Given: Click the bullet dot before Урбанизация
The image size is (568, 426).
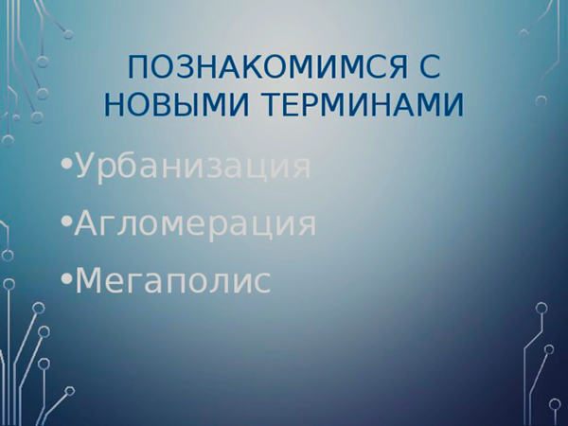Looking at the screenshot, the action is pyautogui.click(x=66, y=165).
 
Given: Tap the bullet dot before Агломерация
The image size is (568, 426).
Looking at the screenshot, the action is pyautogui.click(x=66, y=222).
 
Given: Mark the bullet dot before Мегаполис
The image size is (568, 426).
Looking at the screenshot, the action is pyautogui.click(x=66, y=277).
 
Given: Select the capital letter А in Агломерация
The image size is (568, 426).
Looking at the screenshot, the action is pyautogui.click(x=87, y=222).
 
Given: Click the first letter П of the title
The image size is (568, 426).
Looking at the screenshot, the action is pyautogui.click(x=138, y=67).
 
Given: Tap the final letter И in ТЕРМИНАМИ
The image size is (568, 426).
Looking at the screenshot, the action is pyautogui.click(x=453, y=105).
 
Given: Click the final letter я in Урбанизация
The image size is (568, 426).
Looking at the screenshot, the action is pyautogui.click(x=301, y=169).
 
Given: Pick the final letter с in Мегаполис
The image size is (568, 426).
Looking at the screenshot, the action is pyautogui.click(x=262, y=283).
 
